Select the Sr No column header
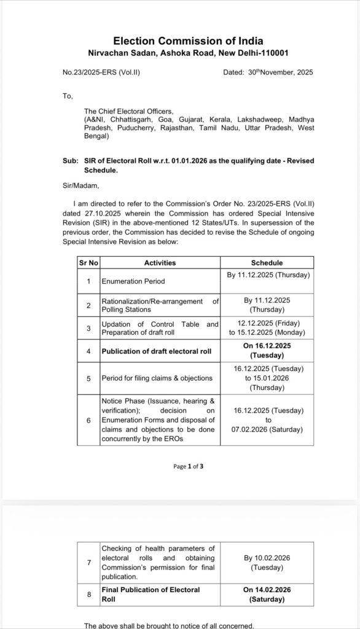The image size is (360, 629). coord(88,263)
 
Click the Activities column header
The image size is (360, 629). coord(160,263)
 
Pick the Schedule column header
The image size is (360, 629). coord(267,263)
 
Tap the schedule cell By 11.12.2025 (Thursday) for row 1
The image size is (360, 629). coord(267,275)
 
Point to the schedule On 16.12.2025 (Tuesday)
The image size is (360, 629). coord(267,351)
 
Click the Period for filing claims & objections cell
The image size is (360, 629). coord(157,378)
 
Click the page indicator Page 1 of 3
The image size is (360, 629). coord(188,466)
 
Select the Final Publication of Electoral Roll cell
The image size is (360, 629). coord(151,593)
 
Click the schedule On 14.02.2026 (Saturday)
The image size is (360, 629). coord(267,593)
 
